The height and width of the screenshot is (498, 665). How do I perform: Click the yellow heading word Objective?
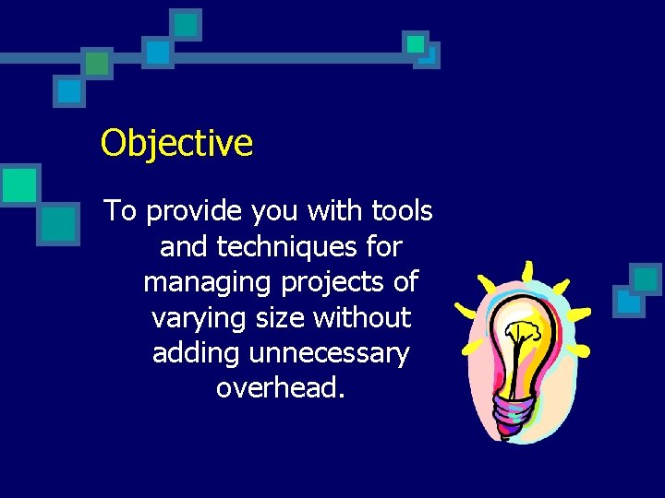[176, 143]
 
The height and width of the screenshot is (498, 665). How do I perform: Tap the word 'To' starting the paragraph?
[120, 211]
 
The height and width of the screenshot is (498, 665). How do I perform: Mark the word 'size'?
[283, 318]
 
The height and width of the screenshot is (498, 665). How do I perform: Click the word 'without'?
[362, 317]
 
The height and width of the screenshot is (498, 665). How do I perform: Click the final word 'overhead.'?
[281, 388]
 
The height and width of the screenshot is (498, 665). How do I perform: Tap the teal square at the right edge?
[645, 278]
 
